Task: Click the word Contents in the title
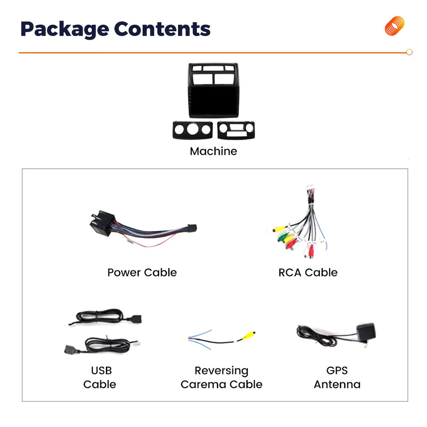[x=162, y=28]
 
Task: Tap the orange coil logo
[x=395, y=26]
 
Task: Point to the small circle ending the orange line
[x=409, y=52]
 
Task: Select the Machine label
[x=213, y=151]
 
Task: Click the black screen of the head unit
[x=214, y=101]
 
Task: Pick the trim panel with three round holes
[x=193, y=130]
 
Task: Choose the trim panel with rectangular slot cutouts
[x=236, y=130]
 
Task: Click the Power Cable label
[x=142, y=272]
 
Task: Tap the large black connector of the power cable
[x=102, y=223]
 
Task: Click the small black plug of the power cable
[x=192, y=228]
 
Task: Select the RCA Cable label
[x=308, y=272]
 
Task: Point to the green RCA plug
[x=282, y=237]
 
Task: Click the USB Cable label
[x=100, y=378]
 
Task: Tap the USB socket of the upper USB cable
[x=134, y=319]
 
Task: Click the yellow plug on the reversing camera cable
[x=248, y=335]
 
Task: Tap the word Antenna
[x=337, y=384]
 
